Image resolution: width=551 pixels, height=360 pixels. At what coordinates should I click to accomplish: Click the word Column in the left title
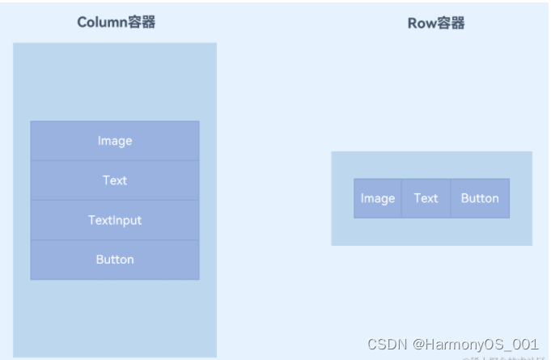pyautogui.click(x=102, y=23)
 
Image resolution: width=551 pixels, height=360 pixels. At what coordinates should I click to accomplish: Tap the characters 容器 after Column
pyautogui.click(x=142, y=23)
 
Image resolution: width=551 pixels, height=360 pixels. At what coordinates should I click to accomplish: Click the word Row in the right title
pyautogui.click(x=422, y=23)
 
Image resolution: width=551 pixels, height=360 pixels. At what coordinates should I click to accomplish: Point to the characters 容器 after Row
pyautogui.click(x=451, y=23)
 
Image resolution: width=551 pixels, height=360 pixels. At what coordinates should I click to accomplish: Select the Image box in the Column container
pyautogui.click(x=115, y=141)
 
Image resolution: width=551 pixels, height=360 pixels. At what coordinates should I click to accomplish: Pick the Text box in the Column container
pyautogui.click(x=115, y=180)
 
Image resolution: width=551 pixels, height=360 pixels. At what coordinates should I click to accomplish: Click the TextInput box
pyautogui.click(x=115, y=220)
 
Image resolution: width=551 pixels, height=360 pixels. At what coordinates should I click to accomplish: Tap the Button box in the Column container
pyautogui.click(x=115, y=260)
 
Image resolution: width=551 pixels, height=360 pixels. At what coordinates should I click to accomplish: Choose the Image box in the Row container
pyautogui.click(x=378, y=198)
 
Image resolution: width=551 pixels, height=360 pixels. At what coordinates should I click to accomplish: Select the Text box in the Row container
pyautogui.click(x=426, y=198)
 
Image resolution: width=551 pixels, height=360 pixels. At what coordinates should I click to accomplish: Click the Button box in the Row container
pyautogui.click(x=480, y=198)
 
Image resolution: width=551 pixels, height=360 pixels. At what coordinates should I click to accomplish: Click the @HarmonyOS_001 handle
pyautogui.click(x=476, y=344)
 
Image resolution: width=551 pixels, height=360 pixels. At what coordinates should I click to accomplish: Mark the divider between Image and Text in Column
pyautogui.click(x=115, y=160)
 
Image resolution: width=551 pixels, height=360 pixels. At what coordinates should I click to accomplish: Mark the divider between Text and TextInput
pyautogui.click(x=115, y=200)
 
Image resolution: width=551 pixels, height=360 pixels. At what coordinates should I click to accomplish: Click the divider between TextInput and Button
pyautogui.click(x=115, y=239)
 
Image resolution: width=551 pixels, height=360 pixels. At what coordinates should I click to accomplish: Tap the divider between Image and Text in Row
pyautogui.click(x=401, y=198)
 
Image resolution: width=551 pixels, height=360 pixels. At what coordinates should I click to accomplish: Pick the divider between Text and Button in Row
pyautogui.click(x=451, y=198)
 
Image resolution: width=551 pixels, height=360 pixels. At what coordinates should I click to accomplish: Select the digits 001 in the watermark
pyautogui.click(x=526, y=344)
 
